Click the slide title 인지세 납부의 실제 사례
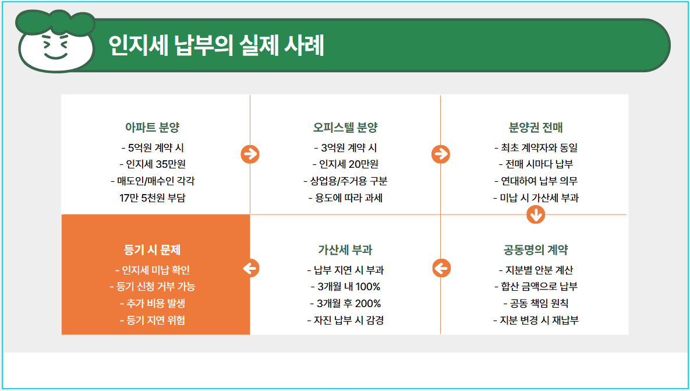click(216, 46)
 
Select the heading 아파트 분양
click(155, 128)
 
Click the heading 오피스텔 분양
click(345, 128)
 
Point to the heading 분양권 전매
click(536, 128)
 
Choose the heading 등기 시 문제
click(155, 250)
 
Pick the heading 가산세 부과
click(345, 250)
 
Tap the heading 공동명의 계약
click(536, 250)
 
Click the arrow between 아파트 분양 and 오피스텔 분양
click(250, 154)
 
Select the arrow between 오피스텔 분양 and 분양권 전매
click(441, 154)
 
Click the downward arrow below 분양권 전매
click(536, 214)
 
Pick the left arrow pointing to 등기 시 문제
click(250, 269)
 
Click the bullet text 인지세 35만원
click(155, 164)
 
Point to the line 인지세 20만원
click(345, 164)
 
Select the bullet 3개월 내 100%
click(345, 287)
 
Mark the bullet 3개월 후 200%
click(345, 304)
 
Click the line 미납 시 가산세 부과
click(536, 198)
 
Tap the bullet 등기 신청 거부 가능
click(155, 287)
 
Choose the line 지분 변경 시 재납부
click(536, 320)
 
